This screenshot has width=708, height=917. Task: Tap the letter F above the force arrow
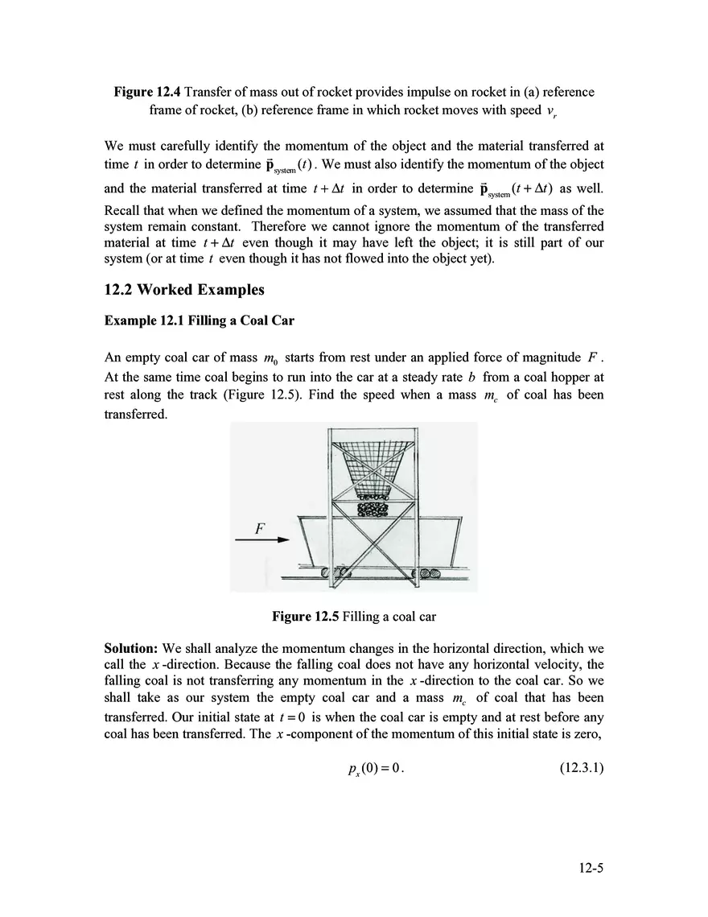[260, 528]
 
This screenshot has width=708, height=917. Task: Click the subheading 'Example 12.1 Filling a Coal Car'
[200, 320]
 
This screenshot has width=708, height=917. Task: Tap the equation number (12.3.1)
[581, 769]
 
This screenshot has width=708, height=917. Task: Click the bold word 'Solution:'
[132, 648]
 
